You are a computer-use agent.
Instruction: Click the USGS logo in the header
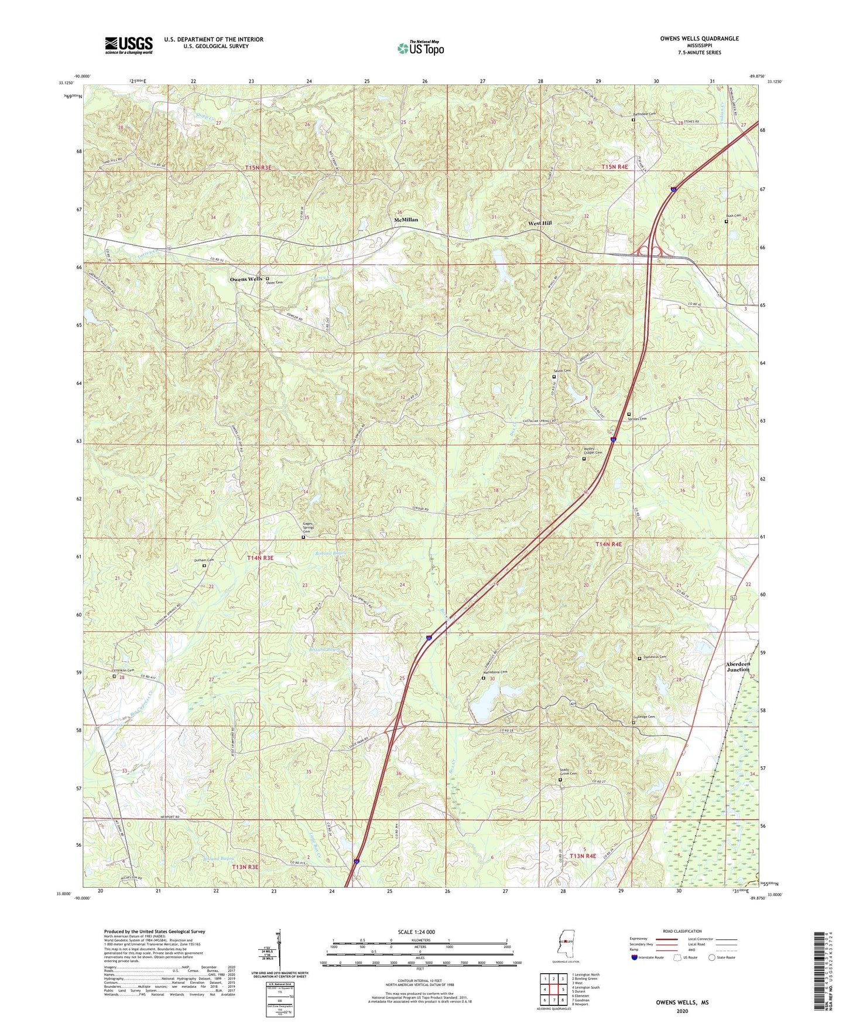129,45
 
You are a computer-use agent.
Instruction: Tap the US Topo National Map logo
420,47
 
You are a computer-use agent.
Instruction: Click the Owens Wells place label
246,279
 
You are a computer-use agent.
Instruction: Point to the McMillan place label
406,220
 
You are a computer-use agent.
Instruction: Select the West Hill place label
540,223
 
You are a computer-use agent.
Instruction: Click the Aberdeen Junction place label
738,667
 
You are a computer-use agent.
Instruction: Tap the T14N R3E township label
260,558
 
